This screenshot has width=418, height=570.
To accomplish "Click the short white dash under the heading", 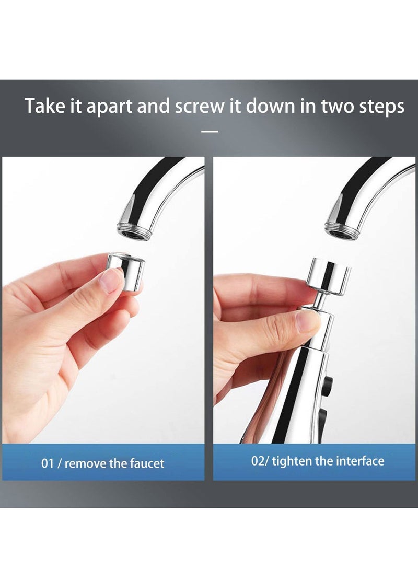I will click(x=209, y=131).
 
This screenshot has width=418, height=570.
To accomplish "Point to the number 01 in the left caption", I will click(x=48, y=463).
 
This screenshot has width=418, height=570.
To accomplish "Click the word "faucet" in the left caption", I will click(x=145, y=463).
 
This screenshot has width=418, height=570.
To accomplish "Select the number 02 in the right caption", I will click(x=258, y=461).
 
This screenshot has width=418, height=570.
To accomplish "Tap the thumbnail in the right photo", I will click(x=307, y=320).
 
